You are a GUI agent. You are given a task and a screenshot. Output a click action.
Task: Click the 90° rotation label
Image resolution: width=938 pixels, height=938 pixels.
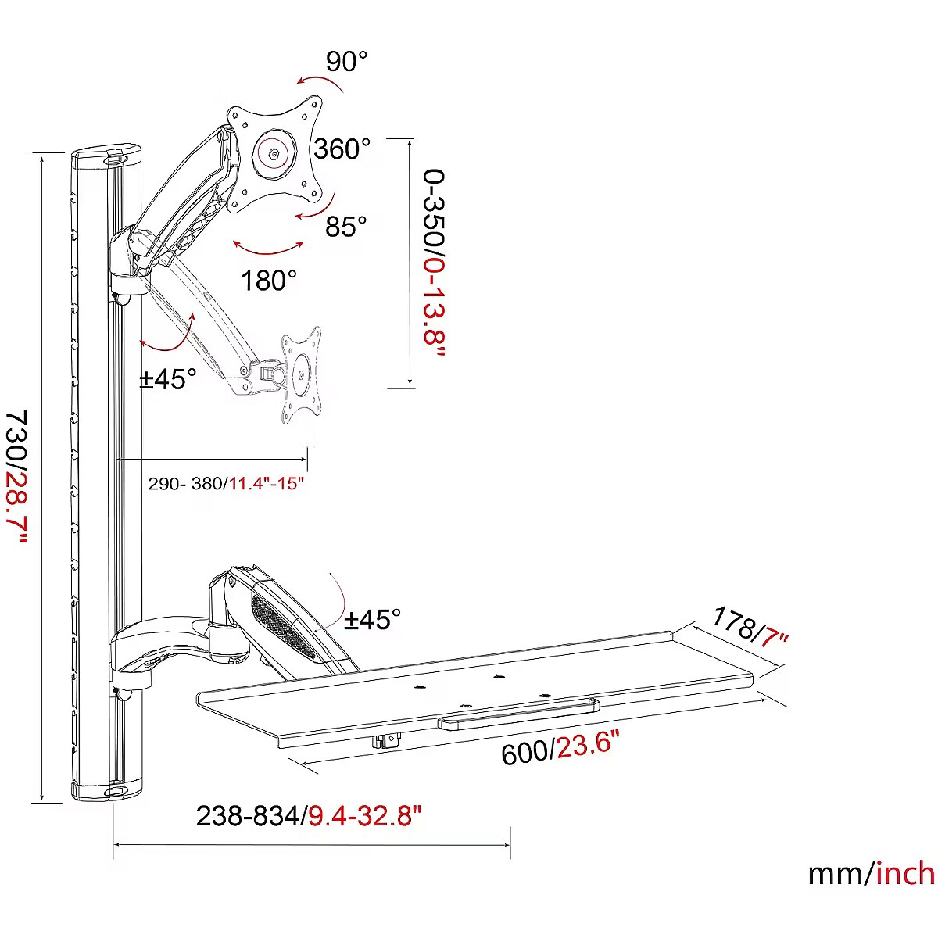pyautogui.click(x=346, y=61)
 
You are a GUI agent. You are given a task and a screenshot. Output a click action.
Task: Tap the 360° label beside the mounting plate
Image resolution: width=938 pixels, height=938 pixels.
pyautogui.click(x=342, y=149)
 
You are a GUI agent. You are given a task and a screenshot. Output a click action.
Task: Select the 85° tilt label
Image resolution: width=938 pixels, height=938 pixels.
pyautogui.click(x=345, y=226)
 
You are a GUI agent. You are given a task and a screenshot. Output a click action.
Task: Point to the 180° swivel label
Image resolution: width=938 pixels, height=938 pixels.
pyautogui.click(x=269, y=281)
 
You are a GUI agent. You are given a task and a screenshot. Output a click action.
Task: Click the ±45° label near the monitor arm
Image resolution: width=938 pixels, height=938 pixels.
pyautogui.click(x=167, y=378)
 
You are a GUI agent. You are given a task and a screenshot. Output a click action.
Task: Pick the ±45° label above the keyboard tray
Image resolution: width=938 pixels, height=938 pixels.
pyautogui.click(x=372, y=620)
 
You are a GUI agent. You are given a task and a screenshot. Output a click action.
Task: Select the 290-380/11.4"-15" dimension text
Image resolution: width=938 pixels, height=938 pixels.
pyautogui.click(x=226, y=484)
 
